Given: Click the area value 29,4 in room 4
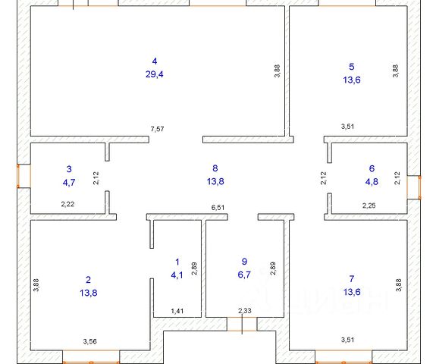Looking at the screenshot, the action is click(x=155, y=74).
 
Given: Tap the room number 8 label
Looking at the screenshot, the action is click(x=215, y=168).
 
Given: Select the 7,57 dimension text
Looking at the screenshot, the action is click(x=157, y=129).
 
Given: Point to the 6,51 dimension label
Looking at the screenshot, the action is click(x=218, y=208).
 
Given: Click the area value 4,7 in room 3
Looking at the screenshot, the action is click(x=69, y=183).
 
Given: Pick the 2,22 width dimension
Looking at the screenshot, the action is click(x=67, y=205).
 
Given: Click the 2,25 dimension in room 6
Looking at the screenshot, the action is click(x=369, y=206).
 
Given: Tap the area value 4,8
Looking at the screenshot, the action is click(x=372, y=181).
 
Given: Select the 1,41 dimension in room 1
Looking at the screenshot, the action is click(x=177, y=311).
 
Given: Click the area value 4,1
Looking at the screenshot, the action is click(x=177, y=275).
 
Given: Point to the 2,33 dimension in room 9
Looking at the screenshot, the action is click(x=245, y=311).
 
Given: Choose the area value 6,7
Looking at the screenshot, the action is click(x=244, y=275).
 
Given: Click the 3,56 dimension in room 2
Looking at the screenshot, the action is click(x=89, y=341).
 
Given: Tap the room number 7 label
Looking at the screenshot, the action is click(x=352, y=278).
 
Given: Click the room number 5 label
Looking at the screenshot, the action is click(x=352, y=67).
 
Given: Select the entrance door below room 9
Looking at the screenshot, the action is click(x=242, y=325).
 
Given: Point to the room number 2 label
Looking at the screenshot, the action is click(x=89, y=280).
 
